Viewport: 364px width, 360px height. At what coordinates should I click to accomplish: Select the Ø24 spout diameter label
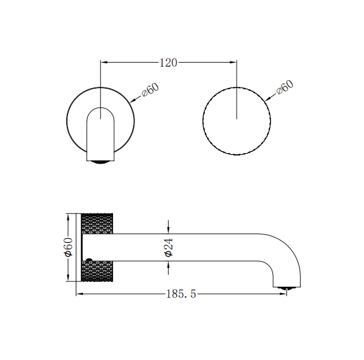click(169, 247)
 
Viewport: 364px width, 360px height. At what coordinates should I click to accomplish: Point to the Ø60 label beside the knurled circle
click(284, 89)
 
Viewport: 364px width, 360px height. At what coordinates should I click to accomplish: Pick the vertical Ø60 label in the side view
click(69, 247)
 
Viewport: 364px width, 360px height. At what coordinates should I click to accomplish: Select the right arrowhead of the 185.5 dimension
click(288, 294)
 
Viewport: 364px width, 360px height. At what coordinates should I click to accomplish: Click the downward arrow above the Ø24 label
click(169, 228)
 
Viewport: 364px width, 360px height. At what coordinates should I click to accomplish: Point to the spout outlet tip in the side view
click(285, 288)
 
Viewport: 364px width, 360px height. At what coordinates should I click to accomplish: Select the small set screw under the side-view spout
click(89, 260)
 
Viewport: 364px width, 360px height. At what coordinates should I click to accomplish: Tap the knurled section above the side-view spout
click(101, 223)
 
